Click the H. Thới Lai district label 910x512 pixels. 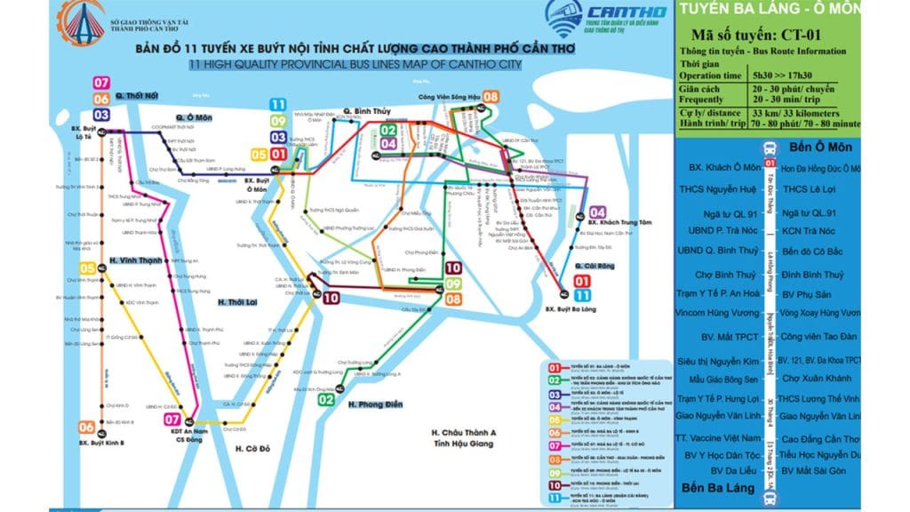point(239,302)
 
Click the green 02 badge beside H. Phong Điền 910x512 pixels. point(326,400)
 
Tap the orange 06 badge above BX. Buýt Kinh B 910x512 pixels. point(86,426)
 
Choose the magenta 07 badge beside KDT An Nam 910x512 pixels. point(172,419)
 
